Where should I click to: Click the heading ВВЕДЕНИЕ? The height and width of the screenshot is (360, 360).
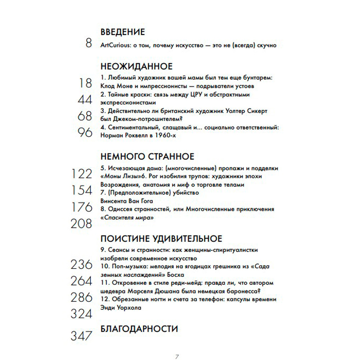coord(122,32)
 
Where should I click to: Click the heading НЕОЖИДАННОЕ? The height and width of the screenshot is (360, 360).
coord(136,67)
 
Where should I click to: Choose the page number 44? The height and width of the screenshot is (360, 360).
coord(85,100)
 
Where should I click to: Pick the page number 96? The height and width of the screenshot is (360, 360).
coord(85,133)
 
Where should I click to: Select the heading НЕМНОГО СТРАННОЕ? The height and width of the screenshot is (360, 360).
coord(147,157)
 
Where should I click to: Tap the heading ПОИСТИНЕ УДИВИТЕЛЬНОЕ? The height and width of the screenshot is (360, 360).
coord(161,239)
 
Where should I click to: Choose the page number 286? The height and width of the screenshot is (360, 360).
coord(81,297)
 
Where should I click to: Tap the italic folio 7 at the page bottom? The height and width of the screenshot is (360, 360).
coord(177,357)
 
